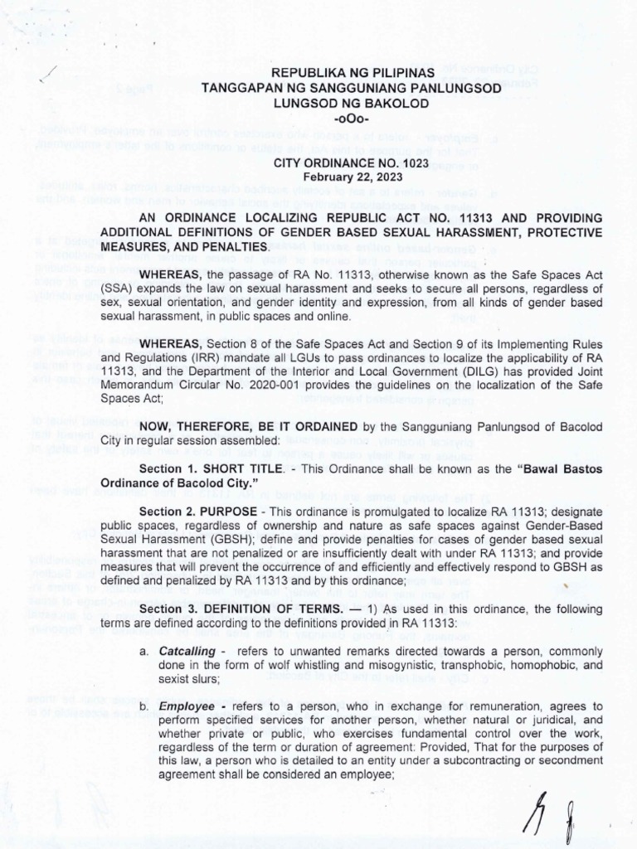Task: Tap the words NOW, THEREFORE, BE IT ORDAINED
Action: [249, 426]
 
